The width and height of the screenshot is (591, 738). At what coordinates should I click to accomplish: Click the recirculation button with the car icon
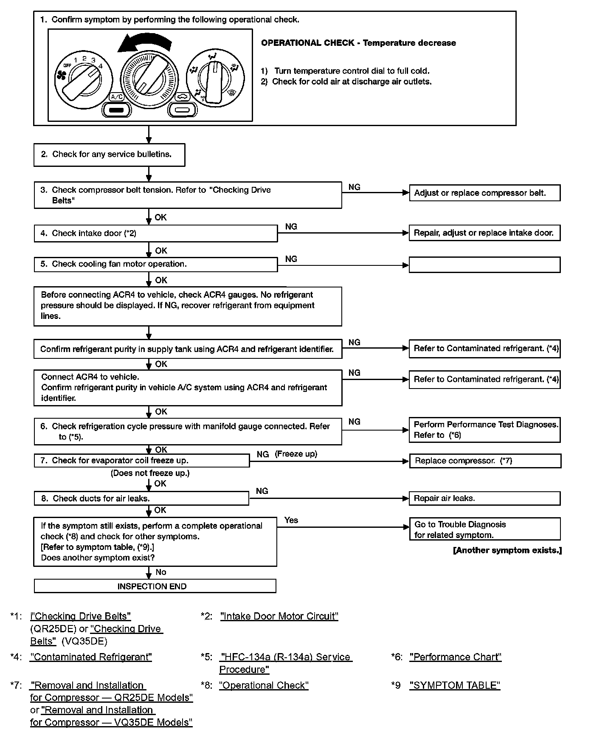click(183, 110)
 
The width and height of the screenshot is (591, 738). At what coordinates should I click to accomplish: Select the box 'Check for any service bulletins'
click(109, 155)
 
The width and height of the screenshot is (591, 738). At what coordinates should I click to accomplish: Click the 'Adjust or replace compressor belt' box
click(484, 193)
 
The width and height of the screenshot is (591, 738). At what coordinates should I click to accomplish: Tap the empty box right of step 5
click(484, 265)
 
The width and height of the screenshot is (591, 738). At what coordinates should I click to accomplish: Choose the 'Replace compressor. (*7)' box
click(485, 461)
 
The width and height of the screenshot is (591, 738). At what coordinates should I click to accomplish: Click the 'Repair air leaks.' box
click(484, 499)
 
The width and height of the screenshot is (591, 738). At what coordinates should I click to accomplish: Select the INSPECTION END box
click(155, 586)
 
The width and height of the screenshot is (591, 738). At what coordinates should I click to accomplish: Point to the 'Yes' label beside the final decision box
click(291, 520)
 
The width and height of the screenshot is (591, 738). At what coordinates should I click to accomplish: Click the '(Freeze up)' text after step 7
click(296, 454)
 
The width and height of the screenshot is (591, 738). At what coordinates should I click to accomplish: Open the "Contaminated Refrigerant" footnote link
click(91, 657)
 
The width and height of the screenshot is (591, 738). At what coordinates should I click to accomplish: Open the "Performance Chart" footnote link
click(455, 657)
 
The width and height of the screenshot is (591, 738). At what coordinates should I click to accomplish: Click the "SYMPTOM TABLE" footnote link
click(455, 685)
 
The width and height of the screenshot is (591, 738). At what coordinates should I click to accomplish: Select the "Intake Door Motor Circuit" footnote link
click(279, 616)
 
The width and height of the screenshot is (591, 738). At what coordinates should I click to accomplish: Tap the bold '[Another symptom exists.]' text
click(507, 550)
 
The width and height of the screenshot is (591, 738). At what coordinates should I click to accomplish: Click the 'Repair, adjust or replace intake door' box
click(484, 233)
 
